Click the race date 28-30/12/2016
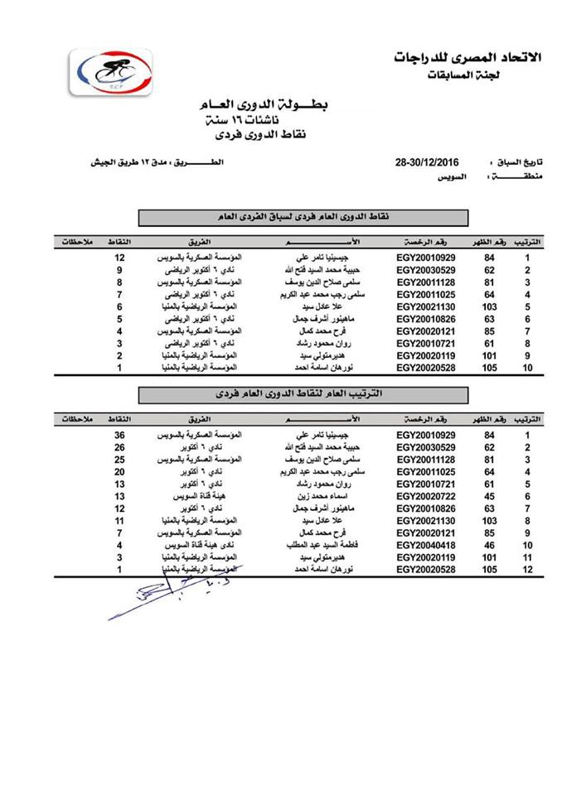(x=427, y=161)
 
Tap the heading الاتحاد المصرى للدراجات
(x=469, y=59)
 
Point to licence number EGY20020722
(x=426, y=494)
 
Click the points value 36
(x=119, y=436)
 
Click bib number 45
(x=490, y=494)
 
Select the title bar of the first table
(x=303, y=219)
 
